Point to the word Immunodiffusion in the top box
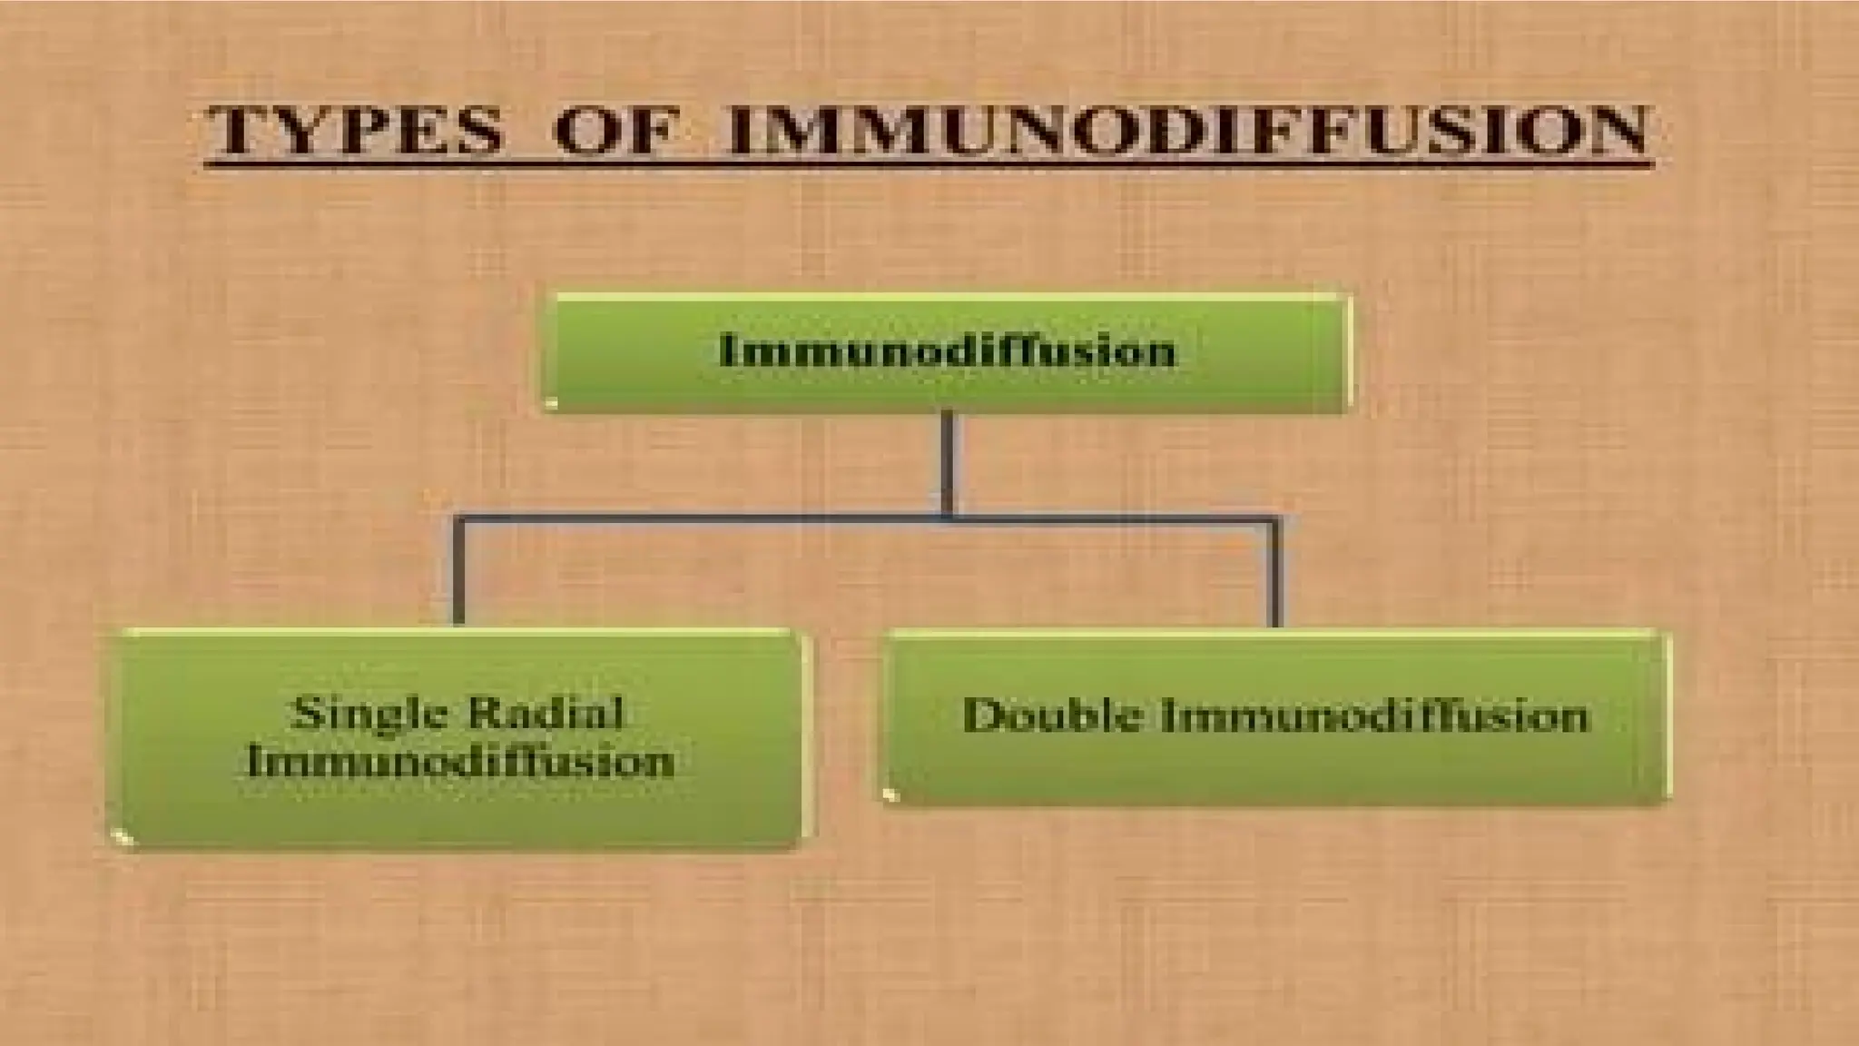[x=948, y=350]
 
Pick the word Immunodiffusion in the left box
[x=460, y=761]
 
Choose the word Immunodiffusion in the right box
[x=1375, y=715]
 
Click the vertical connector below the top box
[x=948, y=463]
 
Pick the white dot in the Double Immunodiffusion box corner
[x=891, y=795]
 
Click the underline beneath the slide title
[x=926, y=165]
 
